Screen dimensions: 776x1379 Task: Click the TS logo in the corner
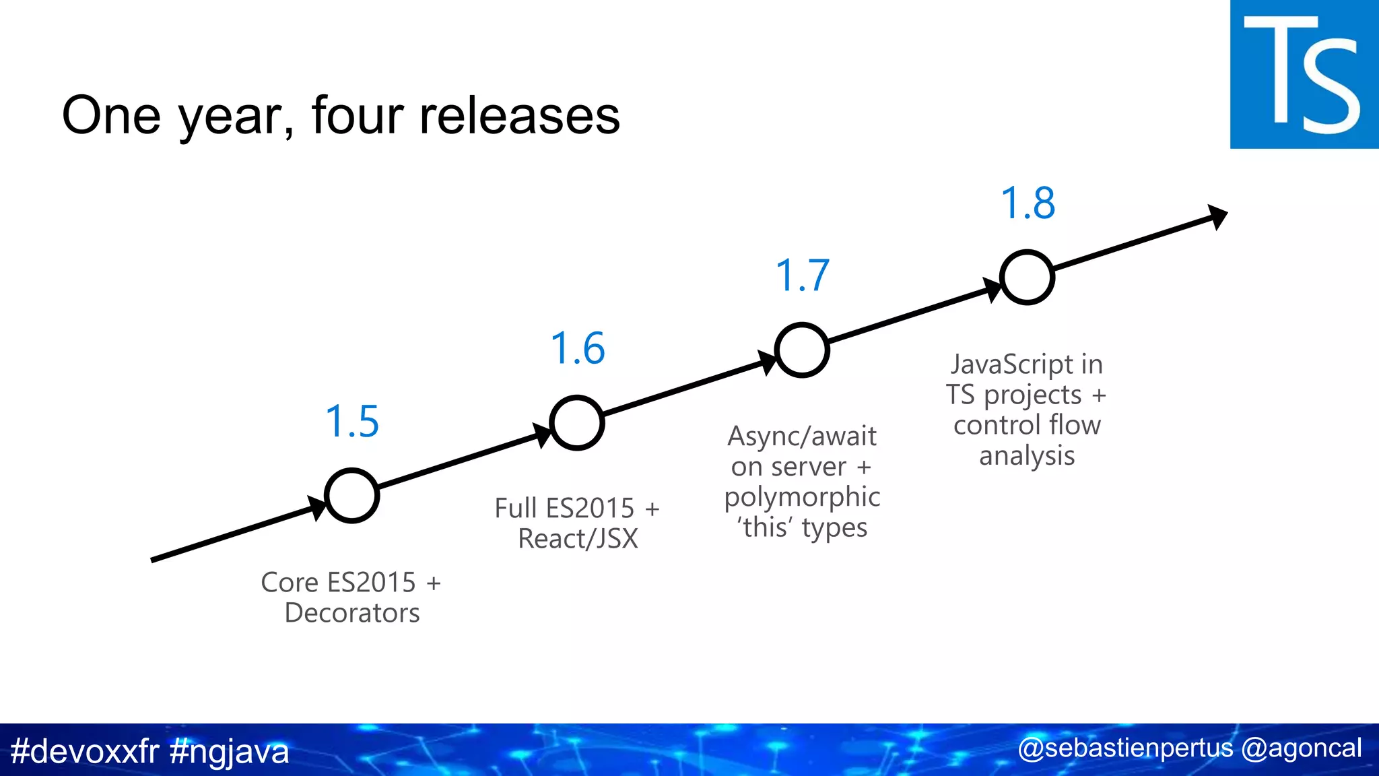click(1304, 74)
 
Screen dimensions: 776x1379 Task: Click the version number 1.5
click(352, 422)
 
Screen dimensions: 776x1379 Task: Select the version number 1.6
click(578, 349)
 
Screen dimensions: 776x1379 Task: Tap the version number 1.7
click(802, 276)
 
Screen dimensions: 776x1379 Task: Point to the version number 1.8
click(1028, 203)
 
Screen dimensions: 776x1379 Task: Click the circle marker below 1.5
click(352, 496)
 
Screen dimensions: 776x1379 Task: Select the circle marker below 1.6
click(577, 423)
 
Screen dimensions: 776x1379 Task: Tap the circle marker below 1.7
click(801, 350)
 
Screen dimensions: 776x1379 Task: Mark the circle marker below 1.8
click(1027, 278)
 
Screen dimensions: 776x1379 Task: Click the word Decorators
click(352, 613)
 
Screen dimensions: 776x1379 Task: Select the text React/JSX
click(578, 539)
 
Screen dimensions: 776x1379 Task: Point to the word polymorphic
click(802, 498)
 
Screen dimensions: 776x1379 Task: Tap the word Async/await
click(802, 437)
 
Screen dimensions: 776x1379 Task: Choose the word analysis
click(1027, 456)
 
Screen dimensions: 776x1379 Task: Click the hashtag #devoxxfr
click(85, 751)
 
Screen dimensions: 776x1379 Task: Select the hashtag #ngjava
click(230, 751)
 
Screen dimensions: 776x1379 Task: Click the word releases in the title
click(519, 115)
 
